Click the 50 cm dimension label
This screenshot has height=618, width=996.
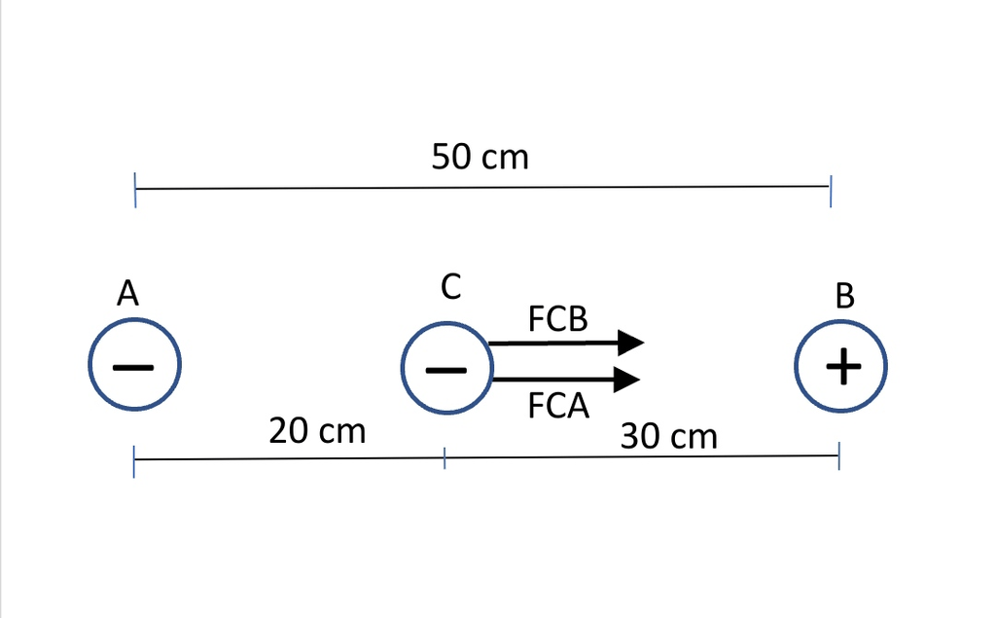[x=480, y=156]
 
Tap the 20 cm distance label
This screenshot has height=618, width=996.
[x=317, y=430]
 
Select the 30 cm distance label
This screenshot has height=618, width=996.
[x=669, y=436]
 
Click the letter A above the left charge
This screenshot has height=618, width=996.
[x=126, y=293]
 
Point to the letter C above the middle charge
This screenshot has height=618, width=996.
[x=449, y=287]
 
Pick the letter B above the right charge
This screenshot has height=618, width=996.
[x=844, y=295]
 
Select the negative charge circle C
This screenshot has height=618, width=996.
[x=446, y=369]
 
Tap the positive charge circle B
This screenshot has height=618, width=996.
[x=842, y=368]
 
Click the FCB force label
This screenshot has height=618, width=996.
[x=558, y=319]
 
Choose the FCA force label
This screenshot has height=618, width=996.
[x=559, y=405]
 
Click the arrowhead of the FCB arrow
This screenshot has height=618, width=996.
[x=631, y=343]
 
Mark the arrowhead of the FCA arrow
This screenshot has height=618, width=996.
[x=627, y=379]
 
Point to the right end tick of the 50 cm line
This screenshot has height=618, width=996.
[x=830, y=193]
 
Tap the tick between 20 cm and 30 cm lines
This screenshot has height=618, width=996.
[x=445, y=458]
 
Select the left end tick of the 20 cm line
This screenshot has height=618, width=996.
[x=133, y=461]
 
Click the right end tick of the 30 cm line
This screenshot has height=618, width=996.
[x=838, y=454]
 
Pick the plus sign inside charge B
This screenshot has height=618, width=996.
[x=842, y=368]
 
